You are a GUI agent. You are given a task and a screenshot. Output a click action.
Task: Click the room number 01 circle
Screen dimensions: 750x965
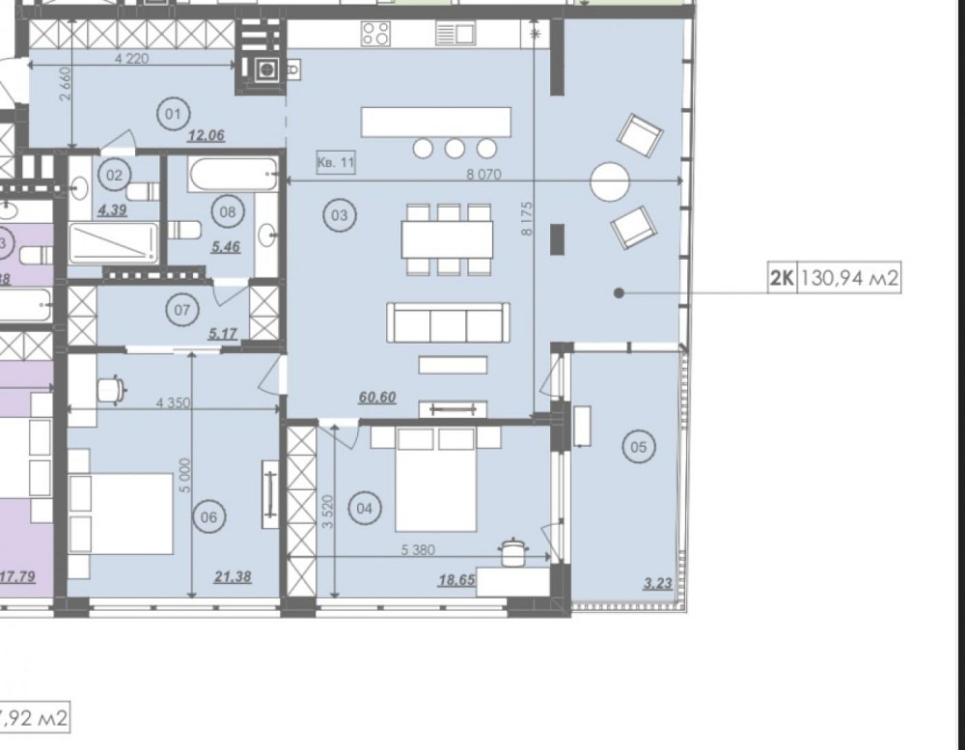click(174, 115)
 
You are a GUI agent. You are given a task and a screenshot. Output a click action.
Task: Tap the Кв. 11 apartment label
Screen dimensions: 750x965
click(336, 163)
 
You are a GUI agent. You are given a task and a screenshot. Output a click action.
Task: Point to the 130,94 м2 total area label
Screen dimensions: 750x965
click(850, 280)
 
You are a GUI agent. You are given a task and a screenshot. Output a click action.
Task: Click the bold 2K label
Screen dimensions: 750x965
click(781, 280)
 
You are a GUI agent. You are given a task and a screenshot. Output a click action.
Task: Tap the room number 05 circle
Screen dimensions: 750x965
click(638, 446)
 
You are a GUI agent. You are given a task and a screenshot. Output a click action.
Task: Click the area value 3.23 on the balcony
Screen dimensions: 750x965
click(658, 582)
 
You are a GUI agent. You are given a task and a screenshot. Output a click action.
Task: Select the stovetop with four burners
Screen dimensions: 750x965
click(375, 35)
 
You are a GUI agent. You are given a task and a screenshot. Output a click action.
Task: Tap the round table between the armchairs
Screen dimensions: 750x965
click(610, 181)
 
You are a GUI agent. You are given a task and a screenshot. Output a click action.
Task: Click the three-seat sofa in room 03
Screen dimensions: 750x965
click(449, 322)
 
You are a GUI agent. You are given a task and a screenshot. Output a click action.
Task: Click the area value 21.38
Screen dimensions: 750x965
click(232, 577)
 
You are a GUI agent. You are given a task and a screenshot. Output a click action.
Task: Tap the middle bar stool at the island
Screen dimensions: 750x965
click(455, 149)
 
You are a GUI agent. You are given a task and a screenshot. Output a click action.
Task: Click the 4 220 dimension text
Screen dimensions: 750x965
click(132, 58)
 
